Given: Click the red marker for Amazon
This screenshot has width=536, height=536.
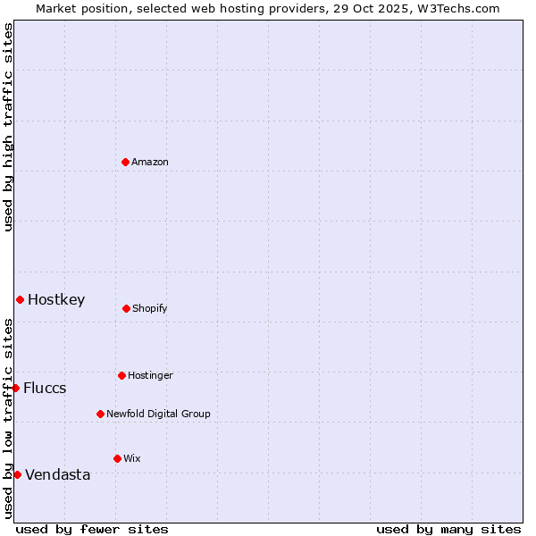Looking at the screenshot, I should (125, 162).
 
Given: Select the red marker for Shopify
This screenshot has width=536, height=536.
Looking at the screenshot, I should (126, 308).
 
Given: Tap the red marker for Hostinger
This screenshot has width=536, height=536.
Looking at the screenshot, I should (121, 375).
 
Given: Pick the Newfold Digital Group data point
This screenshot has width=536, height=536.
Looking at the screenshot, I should (100, 414).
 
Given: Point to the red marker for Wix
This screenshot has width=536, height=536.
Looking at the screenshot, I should (117, 458).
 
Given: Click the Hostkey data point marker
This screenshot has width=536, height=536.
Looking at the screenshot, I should (20, 299).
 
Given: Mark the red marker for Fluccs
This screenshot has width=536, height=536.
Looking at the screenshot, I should (15, 388).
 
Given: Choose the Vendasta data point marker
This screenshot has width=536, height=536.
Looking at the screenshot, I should (17, 474).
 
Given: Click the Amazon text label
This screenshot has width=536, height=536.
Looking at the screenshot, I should (150, 162).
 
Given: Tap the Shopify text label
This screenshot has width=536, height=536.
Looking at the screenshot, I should (150, 308).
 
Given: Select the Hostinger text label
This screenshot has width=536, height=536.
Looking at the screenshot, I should (150, 375).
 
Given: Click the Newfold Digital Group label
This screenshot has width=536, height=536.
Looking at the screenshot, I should (158, 414).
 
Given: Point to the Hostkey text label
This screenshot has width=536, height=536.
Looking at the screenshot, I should (56, 299).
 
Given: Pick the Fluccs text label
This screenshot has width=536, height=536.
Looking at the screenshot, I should (45, 388).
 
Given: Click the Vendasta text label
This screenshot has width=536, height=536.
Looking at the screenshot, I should (58, 474).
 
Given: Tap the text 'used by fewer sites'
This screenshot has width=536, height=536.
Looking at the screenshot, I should (92, 529).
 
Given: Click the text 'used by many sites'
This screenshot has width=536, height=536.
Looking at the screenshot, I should (448, 529).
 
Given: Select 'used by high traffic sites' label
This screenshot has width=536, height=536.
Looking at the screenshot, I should (8, 127).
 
